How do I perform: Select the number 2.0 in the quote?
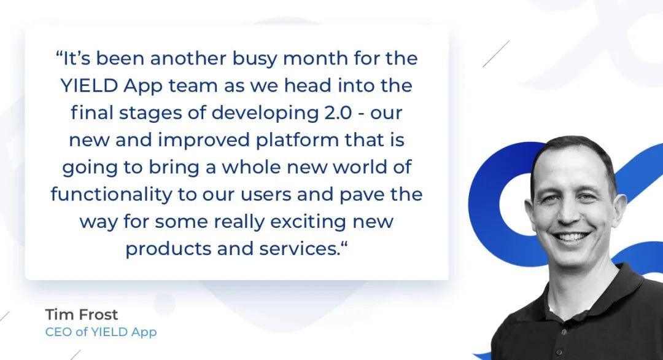[x=338, y=112]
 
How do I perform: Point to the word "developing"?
[x=265, y=114]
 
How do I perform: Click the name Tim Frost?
[x=82, y=315]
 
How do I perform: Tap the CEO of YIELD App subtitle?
[x=101, y=332]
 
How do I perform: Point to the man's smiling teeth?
[x=572, y=236]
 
